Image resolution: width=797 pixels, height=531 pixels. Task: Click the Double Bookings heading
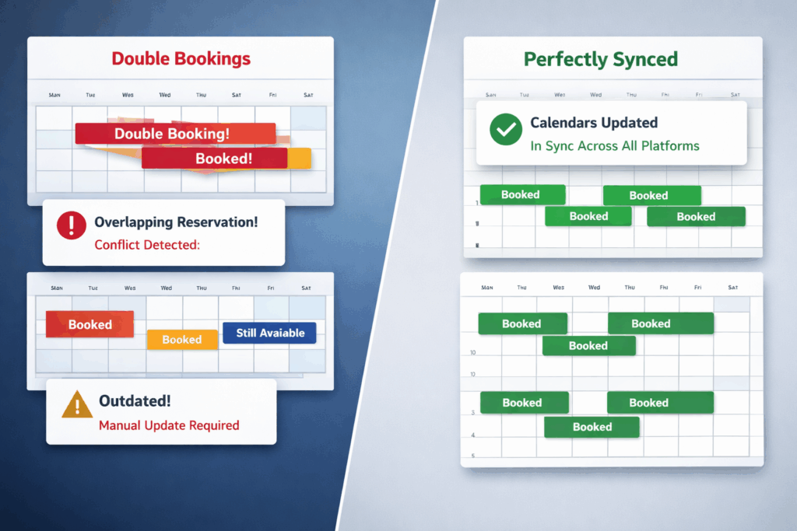(x=181, y=58)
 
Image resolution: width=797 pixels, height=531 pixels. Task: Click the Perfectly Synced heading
(x=600, y=59)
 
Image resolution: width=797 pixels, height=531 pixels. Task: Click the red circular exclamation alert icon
(x=72, y=225)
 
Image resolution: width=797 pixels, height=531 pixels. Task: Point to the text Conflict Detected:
(x=147, y=244)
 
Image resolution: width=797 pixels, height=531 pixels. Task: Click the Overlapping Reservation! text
(x=176, y=222)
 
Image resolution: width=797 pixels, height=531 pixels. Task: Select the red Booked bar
(x=90, y=324)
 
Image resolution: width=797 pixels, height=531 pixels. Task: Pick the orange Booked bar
(x=182, y=340)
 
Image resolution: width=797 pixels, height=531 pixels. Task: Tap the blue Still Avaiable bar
(x=269, y=333)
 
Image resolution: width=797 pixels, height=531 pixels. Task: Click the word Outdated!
(x=135, y=401)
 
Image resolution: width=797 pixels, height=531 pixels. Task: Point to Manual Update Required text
(x=169, y=425)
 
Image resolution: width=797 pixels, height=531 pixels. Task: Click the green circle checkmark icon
(x=506, y=129)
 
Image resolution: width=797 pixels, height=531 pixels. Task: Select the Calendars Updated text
(x=594, y=123)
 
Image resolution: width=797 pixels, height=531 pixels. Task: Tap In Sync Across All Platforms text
(x=614, y=145)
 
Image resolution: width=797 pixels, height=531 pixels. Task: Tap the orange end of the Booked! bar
(x=300, y=159)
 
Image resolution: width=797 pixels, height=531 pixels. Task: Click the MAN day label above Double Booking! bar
(x=54, y=95)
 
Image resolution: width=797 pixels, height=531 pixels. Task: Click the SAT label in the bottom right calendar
(x=732, y=288)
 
